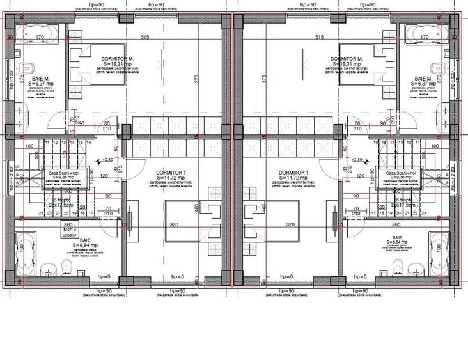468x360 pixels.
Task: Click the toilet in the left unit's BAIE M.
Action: [27, 67]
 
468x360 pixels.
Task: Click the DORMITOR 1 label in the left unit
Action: [171, 173]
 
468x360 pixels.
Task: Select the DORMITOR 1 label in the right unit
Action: [293, 173]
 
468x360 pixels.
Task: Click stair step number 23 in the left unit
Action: [41, 214]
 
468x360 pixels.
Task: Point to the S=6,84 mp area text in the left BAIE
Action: [84, 245]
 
